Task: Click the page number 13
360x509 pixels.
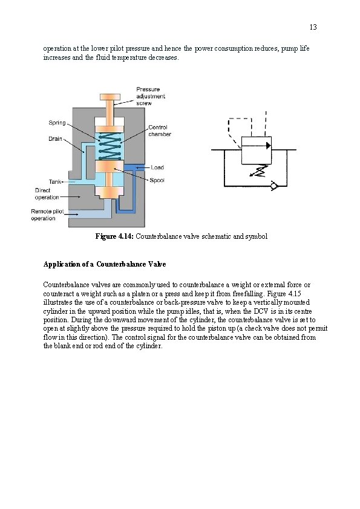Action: (x=313, y=27)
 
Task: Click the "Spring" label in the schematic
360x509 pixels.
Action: (x=57, y=123)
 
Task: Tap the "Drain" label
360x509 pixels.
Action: (x=55, y=139)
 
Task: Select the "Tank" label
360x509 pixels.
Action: (x=55, y=182)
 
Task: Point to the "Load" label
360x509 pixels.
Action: (x=157, y=167)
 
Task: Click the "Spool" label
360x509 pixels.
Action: (x=157, y=181)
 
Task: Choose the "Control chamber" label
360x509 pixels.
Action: (x=160, y=131)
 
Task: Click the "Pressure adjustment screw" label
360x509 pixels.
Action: (x=151, y=96)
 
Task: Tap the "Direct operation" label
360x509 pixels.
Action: (x=47, y=194)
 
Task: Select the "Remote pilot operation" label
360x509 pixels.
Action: (x=47, y=215)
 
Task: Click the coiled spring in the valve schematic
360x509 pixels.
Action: (x=110, y=146)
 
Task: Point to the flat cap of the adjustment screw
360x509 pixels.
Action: (x=110, y=97)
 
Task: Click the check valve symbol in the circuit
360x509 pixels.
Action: (x=274, y=186)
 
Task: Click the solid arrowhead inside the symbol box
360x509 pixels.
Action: (x=269, y=146)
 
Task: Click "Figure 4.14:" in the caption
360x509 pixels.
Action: (x=114, y=236)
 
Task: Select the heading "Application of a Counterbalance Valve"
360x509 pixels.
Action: (x=105, y=264)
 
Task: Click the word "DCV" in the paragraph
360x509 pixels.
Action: (x=261, y=311)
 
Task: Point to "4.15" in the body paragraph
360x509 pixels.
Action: (x=295, y=294)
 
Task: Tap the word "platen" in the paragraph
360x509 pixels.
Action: (x=140, y=294)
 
